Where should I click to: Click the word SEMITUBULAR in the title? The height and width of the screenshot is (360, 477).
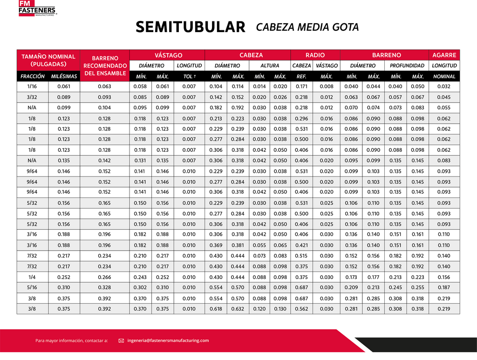(190, 27)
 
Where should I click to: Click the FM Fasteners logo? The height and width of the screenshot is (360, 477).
(37, 8)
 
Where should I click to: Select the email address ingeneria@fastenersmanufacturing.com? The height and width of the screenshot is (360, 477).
(168, 340)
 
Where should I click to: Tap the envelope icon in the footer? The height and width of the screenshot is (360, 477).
(121, 340)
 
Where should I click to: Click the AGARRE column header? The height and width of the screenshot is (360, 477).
(444, 55)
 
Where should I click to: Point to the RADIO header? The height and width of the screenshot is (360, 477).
(315, 55)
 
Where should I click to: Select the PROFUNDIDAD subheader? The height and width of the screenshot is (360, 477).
(407, 66)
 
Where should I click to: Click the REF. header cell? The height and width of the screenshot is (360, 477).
(301, 76)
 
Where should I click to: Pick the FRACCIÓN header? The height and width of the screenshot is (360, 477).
(32, 76)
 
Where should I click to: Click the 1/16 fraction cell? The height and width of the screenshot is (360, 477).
(32, 87)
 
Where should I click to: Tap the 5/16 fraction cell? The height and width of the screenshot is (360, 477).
(32, 287)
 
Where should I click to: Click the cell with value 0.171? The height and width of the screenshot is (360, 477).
(301, 87)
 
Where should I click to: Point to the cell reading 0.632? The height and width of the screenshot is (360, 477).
(238, 309)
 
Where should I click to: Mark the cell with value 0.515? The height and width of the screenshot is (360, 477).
(301, 255)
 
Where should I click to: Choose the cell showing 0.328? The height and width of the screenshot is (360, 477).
(105, 287)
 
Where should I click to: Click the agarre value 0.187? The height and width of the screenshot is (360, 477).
(444, 287)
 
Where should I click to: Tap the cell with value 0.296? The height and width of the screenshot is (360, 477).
(301, 118)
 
